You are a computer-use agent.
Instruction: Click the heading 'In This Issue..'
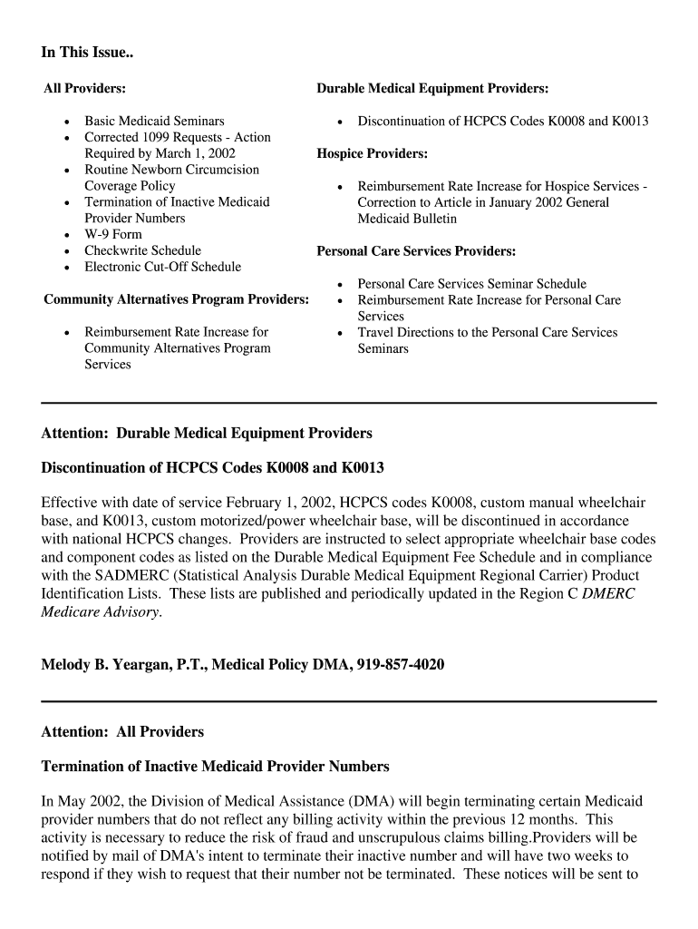click(x=87, y=53)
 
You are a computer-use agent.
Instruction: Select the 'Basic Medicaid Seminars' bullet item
click(x=154, y=121)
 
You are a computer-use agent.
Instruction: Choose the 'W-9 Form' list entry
click(x=113, y=234)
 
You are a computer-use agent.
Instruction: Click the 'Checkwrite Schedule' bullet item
click(x=142, y=250)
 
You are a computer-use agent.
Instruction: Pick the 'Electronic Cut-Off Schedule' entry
click(x=162, y=267)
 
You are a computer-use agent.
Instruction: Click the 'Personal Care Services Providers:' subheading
click(x=416, y=251)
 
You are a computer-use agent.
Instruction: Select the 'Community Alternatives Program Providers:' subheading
click(x=176, y=299)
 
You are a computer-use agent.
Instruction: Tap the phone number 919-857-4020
click(x=399, y=665)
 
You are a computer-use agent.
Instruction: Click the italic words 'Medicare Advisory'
click(x=101, y=612)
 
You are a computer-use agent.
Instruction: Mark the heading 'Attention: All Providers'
click(x=122, y=731)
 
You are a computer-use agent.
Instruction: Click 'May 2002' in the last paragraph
click(x=87, y=802)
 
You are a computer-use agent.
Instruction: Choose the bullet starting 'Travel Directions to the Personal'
click(x=487, y=333)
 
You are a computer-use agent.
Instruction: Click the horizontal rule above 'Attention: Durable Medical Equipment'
click(x=349, y=402)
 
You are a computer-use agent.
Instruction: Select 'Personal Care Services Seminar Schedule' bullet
click(x=471, y=284)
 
